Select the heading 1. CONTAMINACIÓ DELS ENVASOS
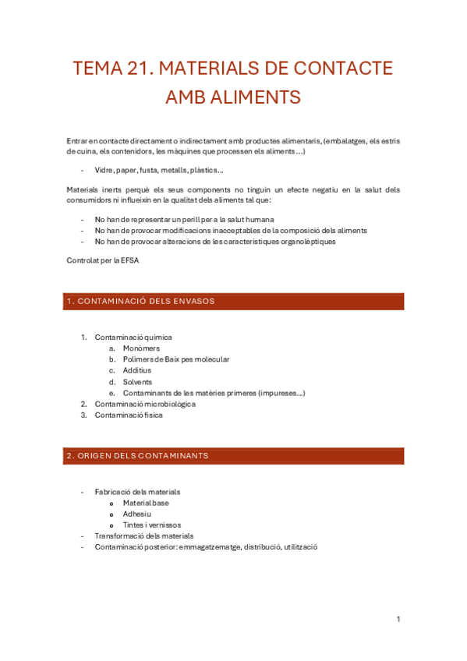pos(140,301)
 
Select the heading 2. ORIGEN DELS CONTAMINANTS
pos(137,455)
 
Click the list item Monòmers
pos(141,348)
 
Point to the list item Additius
pos(137,371)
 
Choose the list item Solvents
pos(137,382)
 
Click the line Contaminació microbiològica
pos(145,405)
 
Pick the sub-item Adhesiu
pos(136,514)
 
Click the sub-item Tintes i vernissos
pos(151,525)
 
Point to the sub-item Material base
pos(146,503)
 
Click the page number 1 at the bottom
pos(398,619)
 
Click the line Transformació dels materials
pos(144,536)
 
